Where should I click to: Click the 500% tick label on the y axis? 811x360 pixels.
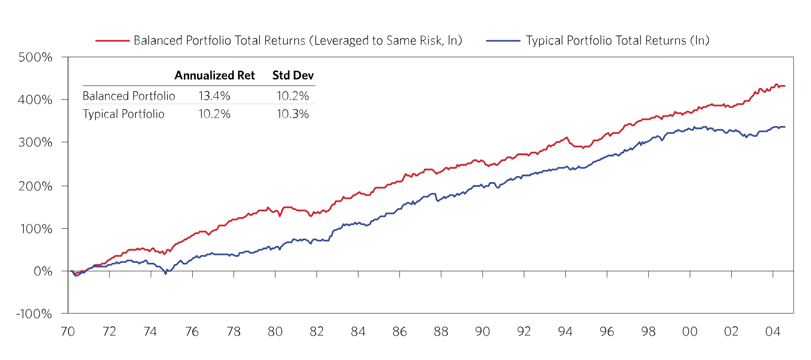click(35, 57)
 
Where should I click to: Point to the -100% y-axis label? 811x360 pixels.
click(34, 314)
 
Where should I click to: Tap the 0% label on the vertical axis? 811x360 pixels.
click(43, 271)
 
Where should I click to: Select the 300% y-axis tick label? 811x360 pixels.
click(35, 142)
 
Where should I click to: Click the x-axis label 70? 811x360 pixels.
click(68, 332)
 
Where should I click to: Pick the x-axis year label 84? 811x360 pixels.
click(358, 332)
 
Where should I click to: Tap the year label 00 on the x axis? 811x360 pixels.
click(690, 332)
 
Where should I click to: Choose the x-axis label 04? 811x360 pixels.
click(773, 332)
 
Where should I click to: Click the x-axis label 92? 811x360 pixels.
click(524, 332)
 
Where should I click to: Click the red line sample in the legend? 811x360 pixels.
click(112, 41)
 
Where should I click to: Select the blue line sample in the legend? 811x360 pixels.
click(503, 41)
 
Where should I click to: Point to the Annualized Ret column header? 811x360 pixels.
click(215, 75)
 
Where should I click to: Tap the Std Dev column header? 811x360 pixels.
click(293, 75)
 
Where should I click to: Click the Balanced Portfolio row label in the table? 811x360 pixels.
click(129, 96)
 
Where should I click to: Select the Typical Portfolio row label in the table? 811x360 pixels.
click(123, 114)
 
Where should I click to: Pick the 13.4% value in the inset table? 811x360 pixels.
click(214, 96)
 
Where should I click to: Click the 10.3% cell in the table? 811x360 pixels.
click(293, 114)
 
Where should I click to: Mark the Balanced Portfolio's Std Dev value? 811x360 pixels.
click(293, 96)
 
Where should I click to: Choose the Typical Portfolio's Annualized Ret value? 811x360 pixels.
click(214, 114)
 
